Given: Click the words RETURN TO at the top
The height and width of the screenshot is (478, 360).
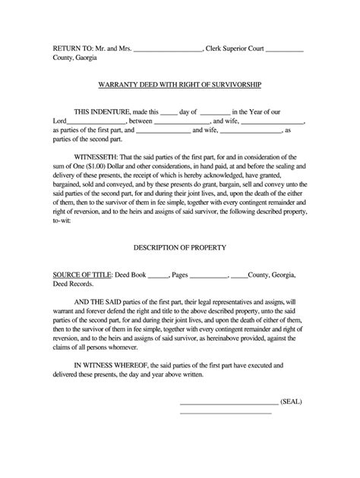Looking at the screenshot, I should click(x=71, y=49).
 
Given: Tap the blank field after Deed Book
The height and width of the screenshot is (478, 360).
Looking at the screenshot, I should click(x=156, y=276).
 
